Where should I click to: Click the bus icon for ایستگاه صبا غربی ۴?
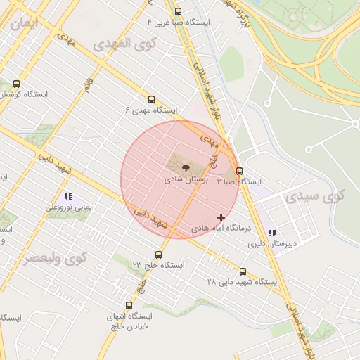(178, 11)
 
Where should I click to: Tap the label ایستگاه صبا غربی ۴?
(178, 22)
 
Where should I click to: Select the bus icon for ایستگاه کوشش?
(16, 84)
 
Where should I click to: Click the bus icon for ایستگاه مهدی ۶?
(151, 99)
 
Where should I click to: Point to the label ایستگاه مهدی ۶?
(151, 110)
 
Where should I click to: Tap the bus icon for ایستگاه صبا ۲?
(240, 171)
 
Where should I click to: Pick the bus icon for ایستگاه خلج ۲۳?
(158, 255)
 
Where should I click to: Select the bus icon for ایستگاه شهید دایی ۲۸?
(243, 271)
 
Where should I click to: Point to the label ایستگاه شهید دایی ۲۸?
(243, 282)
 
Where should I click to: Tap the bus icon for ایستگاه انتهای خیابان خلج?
(129, 306)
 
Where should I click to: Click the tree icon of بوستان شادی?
(185, 168)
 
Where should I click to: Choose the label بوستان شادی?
(186, 180)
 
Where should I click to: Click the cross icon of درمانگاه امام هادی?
(221, 217)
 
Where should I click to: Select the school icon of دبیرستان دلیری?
(272, 233)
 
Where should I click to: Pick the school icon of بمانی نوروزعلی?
(68, 196)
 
